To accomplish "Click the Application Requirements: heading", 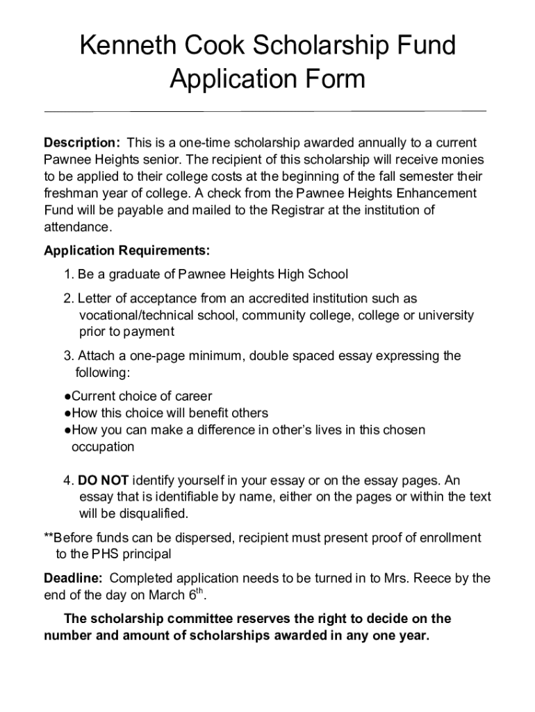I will (126, 250).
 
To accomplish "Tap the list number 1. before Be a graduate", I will (69, 274).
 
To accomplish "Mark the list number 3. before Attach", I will (69, 356).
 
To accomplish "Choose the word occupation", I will (103, 446).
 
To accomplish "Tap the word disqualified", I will (153, 515).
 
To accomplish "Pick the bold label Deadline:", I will (74, 578).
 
